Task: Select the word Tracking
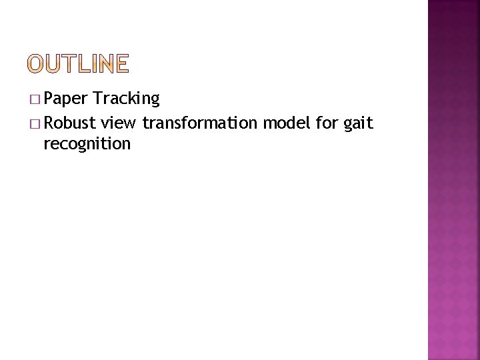point(127,99)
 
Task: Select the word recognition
point(87,143)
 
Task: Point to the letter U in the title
point(54,64)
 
